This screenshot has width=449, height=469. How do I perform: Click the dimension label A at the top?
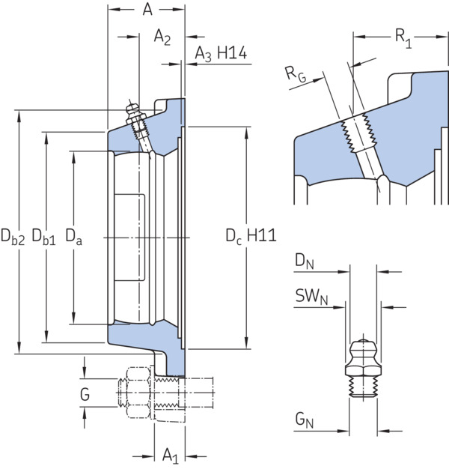147,9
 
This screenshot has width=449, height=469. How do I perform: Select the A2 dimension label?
162,37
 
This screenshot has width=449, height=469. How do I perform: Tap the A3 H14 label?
221,53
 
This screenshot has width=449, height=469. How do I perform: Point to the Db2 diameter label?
13,236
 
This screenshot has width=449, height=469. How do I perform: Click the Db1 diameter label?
43,236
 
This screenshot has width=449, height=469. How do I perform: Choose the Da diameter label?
73,236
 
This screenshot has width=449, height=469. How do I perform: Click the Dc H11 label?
251,236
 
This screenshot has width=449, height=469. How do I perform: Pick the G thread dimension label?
85,394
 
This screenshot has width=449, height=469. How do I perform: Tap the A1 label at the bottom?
171,456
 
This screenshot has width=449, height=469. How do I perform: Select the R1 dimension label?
403,38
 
